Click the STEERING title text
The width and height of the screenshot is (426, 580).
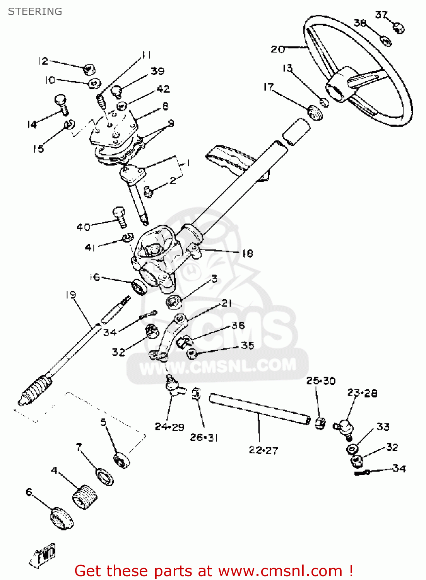pyautogui.click(x=35, y=12)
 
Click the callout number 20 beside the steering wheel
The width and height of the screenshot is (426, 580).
pyautogui.click(x=277, y=49)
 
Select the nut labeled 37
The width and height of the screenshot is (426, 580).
pyautogui.click(x=398, y=28)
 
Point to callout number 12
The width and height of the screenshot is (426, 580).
pyautogui.click(x=43, y=61)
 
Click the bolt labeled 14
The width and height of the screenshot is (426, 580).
pyautogui.click(x=62, y=104)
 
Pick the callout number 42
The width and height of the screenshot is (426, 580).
pyautogui.click(x=163, y=89)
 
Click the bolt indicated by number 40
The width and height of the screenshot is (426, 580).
pyautogui.click(x=120, y=218)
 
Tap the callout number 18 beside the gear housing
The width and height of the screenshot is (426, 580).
pyautogui.click(x=247, y=253)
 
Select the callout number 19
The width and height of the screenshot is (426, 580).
pyautogui.click(x=70, y=295)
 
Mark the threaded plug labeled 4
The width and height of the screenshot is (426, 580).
pyautogui.click(x=85, y=497)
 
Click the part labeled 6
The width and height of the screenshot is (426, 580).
pyautogui.click(x=62, y=518)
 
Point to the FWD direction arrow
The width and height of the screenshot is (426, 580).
pyautogui.click(x=43, y=557)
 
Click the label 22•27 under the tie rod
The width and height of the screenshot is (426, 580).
pyautogui.click(x=263, y=450)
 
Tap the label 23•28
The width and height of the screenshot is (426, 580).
pyautogui.click(x=362, y=393)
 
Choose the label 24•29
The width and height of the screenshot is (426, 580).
pyautogui.click(x=169, y=427)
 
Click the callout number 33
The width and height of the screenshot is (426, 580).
pyautogui.click(x=383, y=426)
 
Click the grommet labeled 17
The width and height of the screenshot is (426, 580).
pyautogui.click(x=315, y=112)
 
